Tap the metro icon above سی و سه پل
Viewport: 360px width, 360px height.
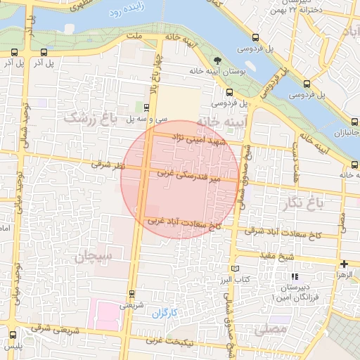[x=146, y=108]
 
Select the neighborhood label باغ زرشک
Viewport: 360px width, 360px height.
[x=89, y=117]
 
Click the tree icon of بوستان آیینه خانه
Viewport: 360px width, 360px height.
[x=216, y=60]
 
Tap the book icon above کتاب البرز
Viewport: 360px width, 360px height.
[x=235, y=269]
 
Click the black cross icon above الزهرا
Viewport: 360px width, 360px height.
[x=344, y=264]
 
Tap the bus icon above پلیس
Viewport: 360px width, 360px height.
[x=13, y=334]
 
